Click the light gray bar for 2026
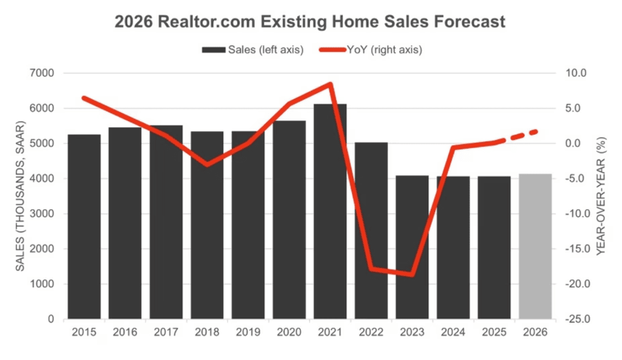click(x=535, y=247)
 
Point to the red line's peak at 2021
click(x=331, y=84)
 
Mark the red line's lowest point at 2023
click(x=412, y=274)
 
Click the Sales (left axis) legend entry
click(x=253, y=50)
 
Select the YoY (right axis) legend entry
click(x=370, y=50)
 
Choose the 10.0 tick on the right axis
click(x=578, y=73)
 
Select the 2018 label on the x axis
click(x=207, y=332)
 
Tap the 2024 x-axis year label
click(x=453, y=332)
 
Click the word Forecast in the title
click(x=471, y=22)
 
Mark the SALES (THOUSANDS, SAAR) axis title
click(x=21, y=196)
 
